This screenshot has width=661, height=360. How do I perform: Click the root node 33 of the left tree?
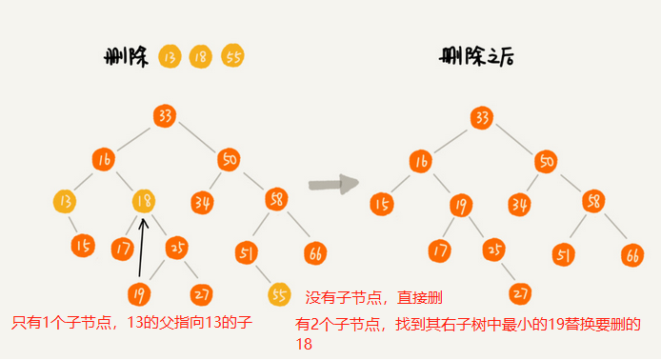[x=164, y=116]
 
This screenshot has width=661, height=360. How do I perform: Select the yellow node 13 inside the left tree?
[x=66, y=202]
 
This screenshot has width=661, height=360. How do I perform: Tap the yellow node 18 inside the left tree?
[x=144, y=202]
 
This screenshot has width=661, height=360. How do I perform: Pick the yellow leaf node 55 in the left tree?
[x=278, y=294]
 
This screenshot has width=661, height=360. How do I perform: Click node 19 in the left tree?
[x=139, y=294]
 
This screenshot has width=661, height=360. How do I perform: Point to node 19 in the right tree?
[x=460, y=204]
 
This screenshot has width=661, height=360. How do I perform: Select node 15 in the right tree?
[x=382, y=203]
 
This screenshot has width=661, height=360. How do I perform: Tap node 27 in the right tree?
[x=520, y=293]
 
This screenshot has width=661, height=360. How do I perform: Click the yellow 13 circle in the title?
[x=170, y=56]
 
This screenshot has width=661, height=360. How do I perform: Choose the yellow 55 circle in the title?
[x=233, y=56]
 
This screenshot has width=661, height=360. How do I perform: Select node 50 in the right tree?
[x=544, y=160]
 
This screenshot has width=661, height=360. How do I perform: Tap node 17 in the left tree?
[x=122, y=250]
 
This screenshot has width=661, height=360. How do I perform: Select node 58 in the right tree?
[x=592, y=202]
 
